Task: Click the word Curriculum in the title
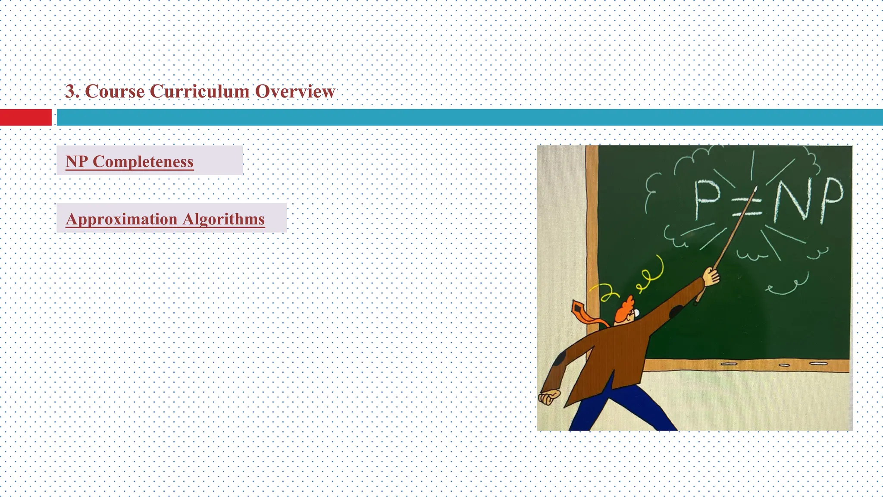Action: point(199,91)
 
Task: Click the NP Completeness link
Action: point(129,161)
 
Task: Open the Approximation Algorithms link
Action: point(165,219)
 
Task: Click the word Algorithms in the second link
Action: point(223,219)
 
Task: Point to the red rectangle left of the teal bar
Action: point(25,117)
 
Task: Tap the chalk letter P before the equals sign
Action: point(707,198)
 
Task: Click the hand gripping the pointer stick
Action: point(711,276)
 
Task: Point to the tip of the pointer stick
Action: point(756,188)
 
